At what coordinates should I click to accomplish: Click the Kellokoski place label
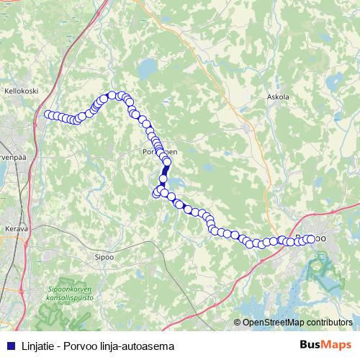pos(20,91)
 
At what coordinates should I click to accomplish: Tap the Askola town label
pos(277,96)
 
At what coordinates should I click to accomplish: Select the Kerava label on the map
pos(16,228)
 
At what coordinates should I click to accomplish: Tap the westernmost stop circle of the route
pos(48,114)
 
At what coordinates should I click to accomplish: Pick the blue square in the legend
pos(8,346)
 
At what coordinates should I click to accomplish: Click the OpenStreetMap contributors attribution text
pos(297,323)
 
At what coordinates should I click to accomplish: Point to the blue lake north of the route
pos(147,70)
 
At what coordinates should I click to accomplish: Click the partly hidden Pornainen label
pos(159,152)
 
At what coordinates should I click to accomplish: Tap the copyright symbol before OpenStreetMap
pos(238,323)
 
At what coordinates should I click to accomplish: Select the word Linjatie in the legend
pos(33,346)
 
